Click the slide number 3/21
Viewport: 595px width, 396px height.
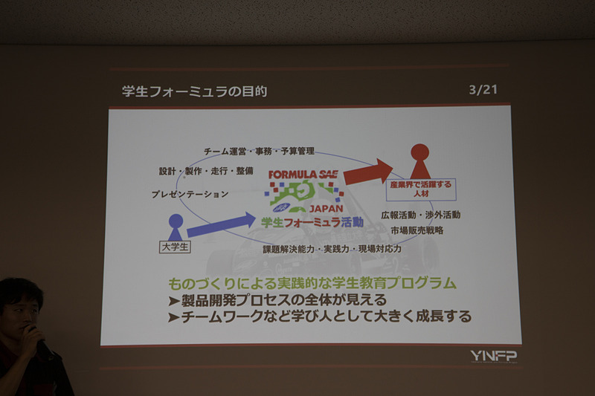[x=483, y=90]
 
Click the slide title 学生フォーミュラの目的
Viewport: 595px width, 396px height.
[x=194, y=91]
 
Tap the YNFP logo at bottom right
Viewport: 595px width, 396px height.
[x=493, y=356]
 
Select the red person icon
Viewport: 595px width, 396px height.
[x=419, y=160]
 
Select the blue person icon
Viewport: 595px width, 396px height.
[x=176, y=227]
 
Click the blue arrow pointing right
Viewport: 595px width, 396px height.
[x=220, y=224]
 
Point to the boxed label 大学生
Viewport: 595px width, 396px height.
[x=175, y=247]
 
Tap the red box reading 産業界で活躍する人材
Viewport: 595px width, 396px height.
[x=421, y=186]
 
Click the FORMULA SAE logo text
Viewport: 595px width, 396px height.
[x=303, y=175]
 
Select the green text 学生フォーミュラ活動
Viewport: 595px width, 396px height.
[x=312, y=221]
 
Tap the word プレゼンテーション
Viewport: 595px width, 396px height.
[x=190, y=195]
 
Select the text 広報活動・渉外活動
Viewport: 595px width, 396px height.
[x=420, y=215]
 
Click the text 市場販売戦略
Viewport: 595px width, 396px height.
[x=417, y=230]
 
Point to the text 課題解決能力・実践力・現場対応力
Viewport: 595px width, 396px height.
[x=332, y=250]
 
